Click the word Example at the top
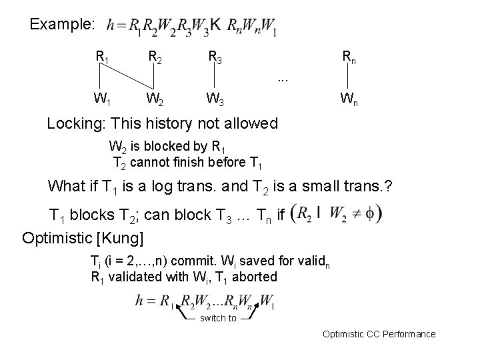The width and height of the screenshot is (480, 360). [61, 25]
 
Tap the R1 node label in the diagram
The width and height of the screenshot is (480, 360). [102, 58]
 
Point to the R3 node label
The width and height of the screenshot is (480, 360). [215, 58]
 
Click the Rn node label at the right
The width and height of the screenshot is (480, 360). [349, 58]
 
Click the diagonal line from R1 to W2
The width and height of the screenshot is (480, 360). [130, 80]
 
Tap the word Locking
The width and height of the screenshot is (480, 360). [76, 124]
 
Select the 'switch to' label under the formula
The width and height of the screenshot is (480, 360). [217, 317]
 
